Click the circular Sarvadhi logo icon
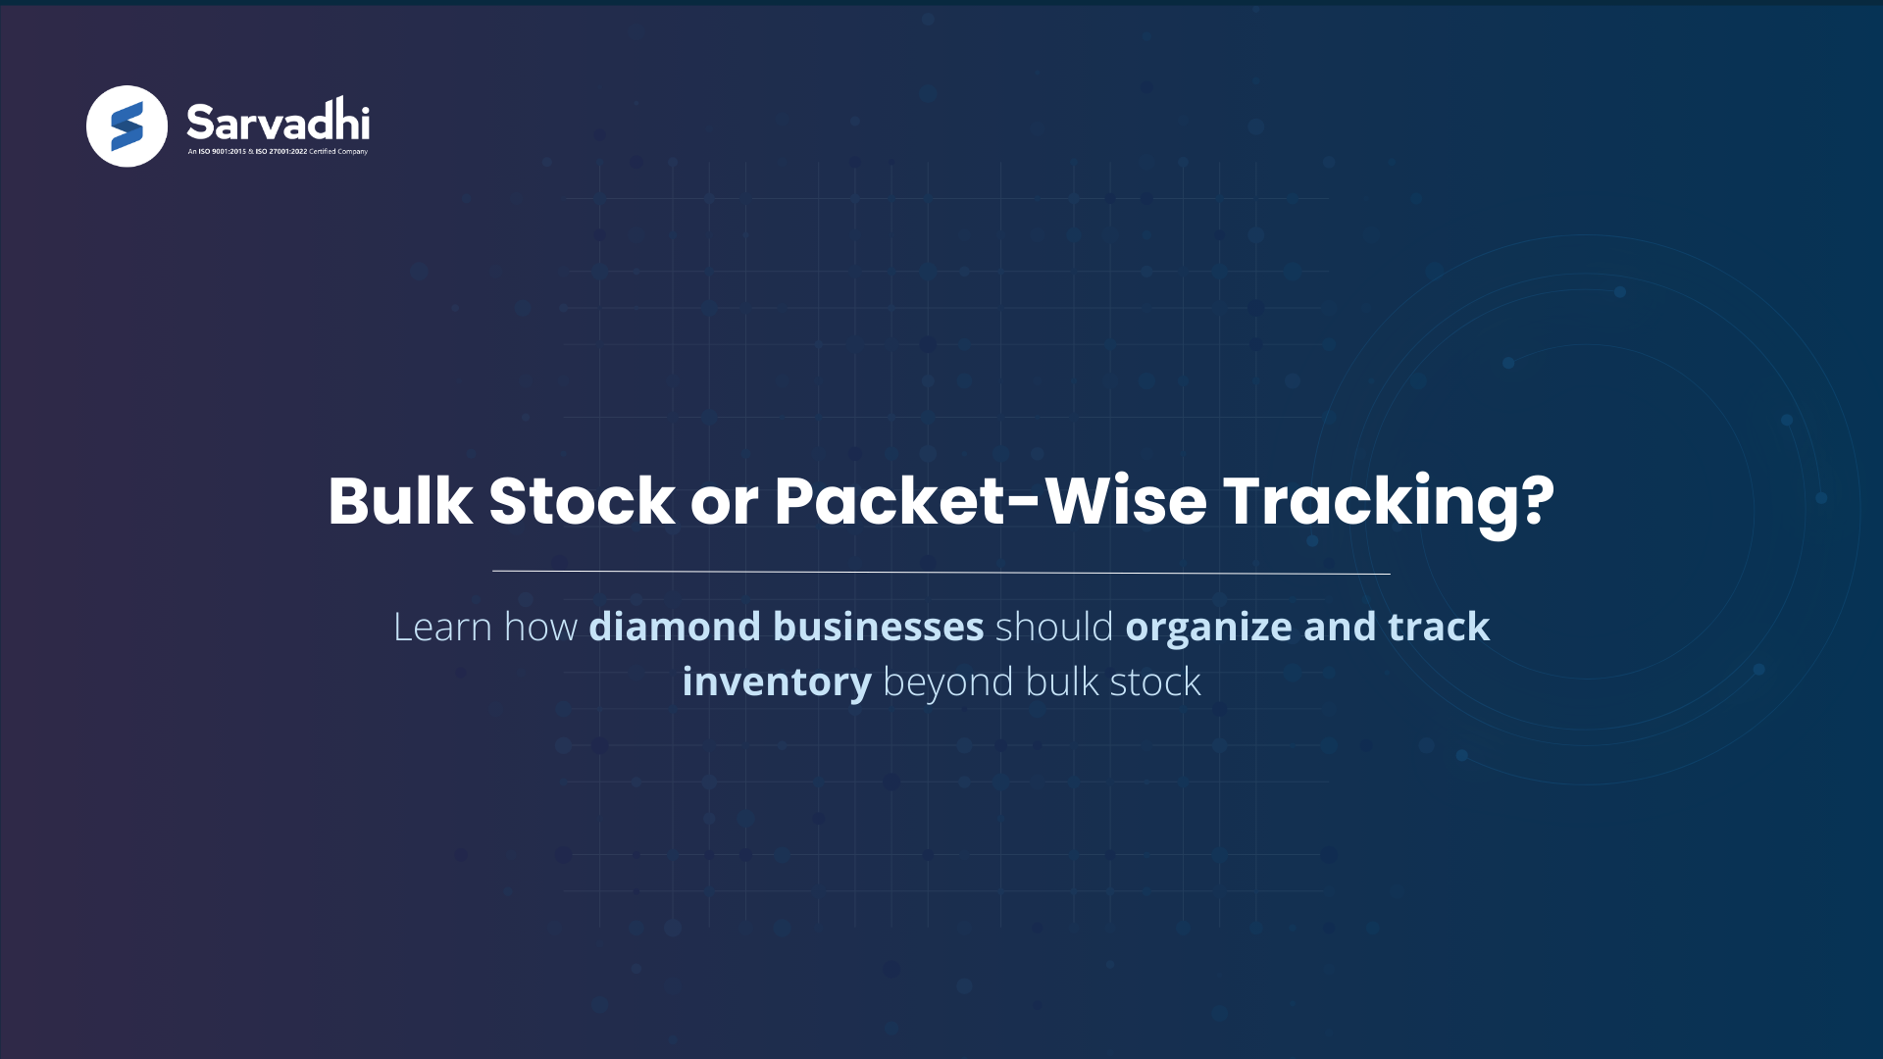coord(127,126)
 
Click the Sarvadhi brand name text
coord(278,122)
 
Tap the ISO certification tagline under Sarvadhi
coord(278,152)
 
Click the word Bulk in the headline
coord(400,501)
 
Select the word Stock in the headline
coord(582,501)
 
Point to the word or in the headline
coord(725,503)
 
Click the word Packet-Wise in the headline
coord(991,501)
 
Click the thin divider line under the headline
coord(941,572)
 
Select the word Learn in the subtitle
coord(442,628)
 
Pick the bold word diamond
coord(675,628)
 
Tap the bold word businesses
coord(879,628)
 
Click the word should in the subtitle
coord(1054,628)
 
